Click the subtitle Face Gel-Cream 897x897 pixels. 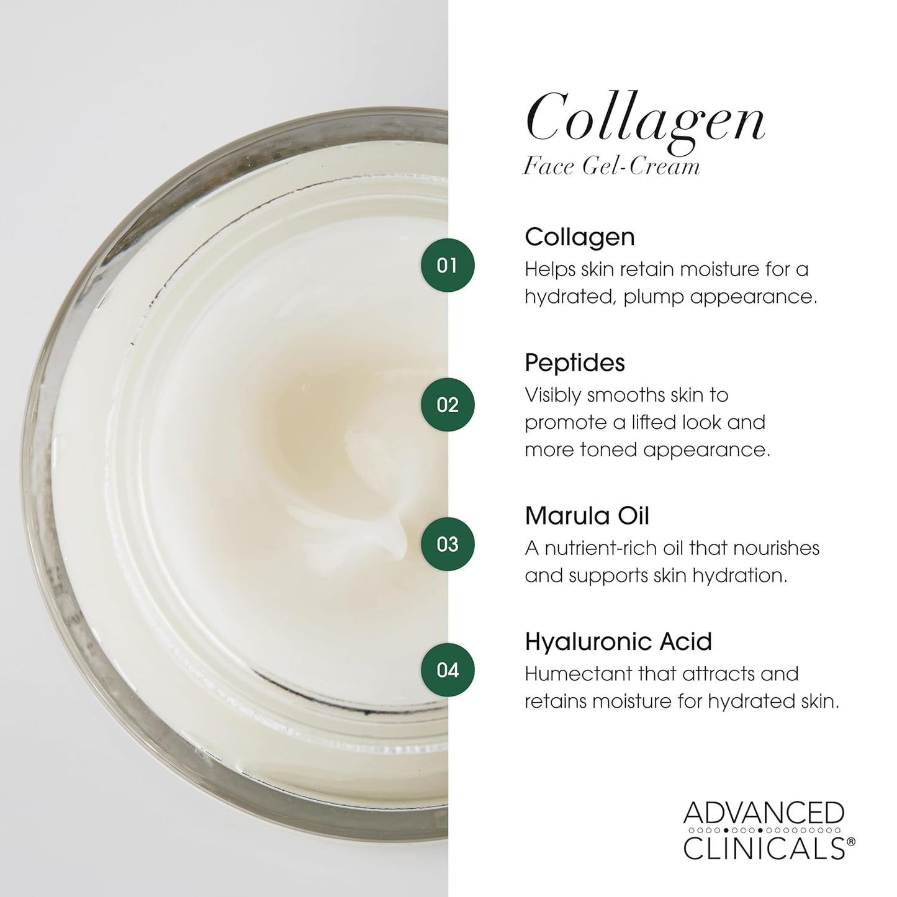[611, 166]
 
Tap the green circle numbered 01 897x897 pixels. [447, 265]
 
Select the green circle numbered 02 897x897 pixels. [447, 405]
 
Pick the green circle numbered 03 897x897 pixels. [447, 544]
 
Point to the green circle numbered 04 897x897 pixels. [447, 670]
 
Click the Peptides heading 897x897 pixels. [574, 363]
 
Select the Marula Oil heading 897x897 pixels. [587, 516]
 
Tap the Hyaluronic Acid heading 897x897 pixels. [618, 641]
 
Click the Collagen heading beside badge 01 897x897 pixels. [579, 237]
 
